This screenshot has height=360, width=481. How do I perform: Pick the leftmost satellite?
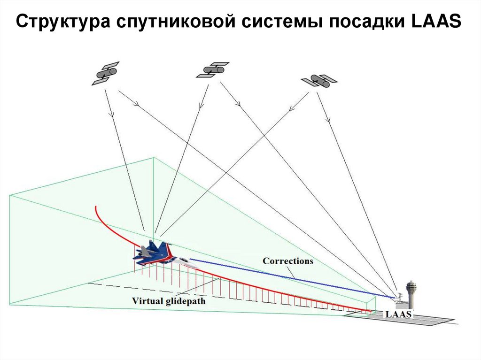[105, 73]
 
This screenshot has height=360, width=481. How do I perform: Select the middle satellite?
[212, 69]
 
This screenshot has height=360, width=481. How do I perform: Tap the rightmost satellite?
[319, 81]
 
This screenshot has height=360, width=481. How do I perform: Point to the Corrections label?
[287, 261]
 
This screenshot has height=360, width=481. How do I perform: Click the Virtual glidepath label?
[168, 301]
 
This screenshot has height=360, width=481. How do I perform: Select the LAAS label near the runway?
[398, 314]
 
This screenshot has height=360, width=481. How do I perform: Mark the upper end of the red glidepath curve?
[96, 207]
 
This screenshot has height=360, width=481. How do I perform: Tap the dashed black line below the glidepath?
[122, 287]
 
